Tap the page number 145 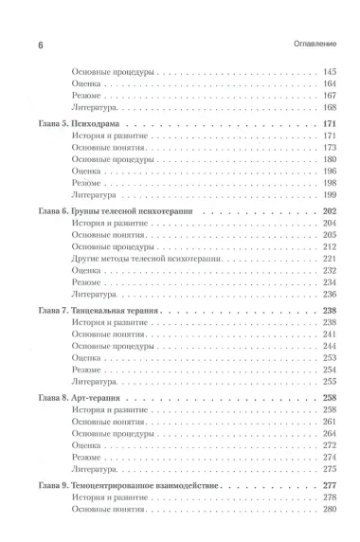coord(331,72)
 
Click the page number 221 coord(331,258)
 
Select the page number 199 coord(331,192)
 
